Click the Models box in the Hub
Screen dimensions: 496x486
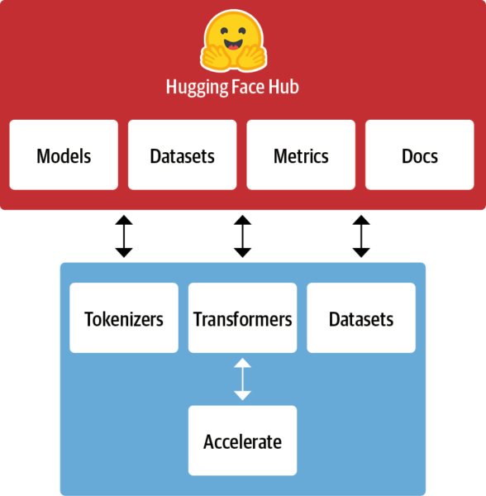64,155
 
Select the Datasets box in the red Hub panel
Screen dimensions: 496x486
183,155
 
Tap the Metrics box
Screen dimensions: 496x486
301,155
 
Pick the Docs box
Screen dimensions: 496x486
420,155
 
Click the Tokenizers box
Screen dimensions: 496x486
124,318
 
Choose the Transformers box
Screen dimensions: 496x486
242,318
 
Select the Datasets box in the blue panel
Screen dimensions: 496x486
361,318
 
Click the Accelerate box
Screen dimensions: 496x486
242,441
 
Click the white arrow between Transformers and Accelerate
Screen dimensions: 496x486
242,379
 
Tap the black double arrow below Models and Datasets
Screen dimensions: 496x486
124,236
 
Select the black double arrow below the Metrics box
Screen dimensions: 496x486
242,236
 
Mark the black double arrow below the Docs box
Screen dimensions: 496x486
361,236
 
